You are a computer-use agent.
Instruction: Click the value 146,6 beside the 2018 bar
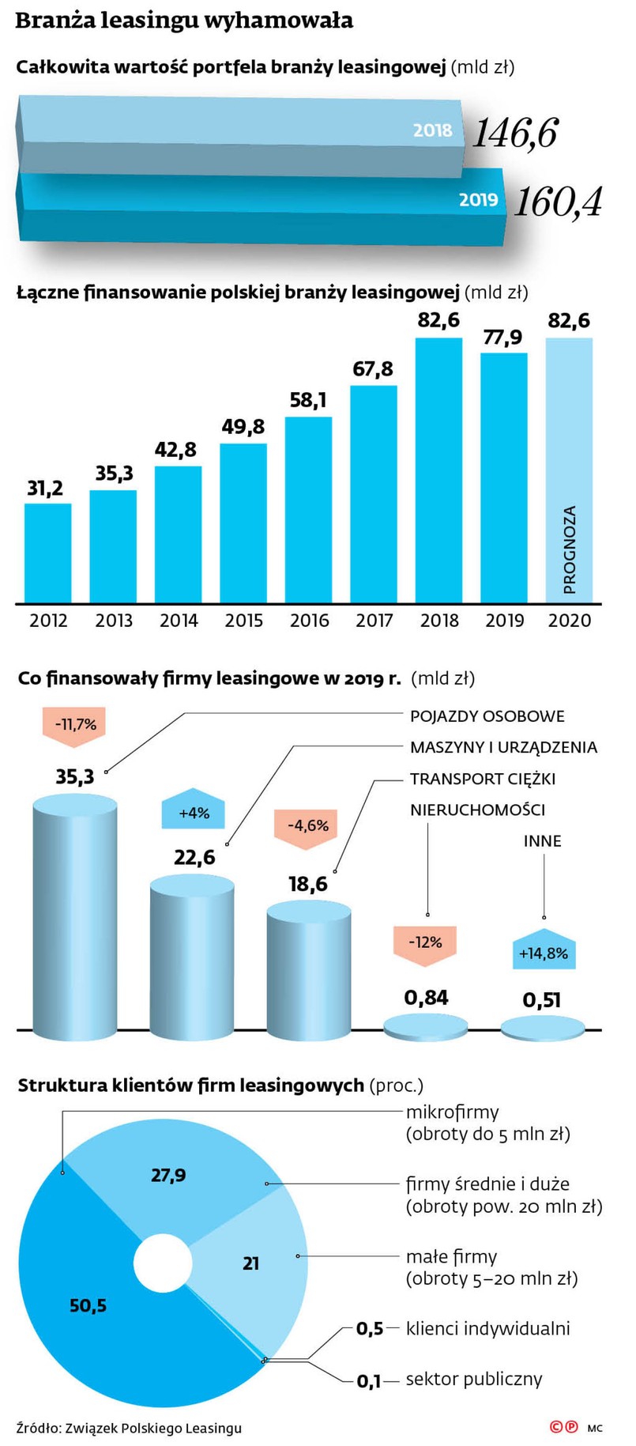[x=515, y=133]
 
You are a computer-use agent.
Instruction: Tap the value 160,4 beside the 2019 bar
[x=559, y=202]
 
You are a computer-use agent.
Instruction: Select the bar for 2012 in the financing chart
[x=47, y=553]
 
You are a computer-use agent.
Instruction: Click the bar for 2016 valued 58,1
[x=308, y=510]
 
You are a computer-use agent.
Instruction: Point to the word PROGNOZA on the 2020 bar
[x=570, y=549]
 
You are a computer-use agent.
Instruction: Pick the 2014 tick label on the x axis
[x=179, y=621]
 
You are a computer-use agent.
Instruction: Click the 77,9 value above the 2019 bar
[x=502, y=338]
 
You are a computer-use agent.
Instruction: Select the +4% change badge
[x=194, y=811]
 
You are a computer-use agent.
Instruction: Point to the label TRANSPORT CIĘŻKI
[x=482, y=779]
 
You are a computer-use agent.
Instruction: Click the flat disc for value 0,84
[x=425, y=1026]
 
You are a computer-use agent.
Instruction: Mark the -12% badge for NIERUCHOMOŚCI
[x=425, y=942]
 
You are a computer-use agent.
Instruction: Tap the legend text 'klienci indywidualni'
[x=487, y=1328]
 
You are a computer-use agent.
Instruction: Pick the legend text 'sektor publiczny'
[x=474, y=1380]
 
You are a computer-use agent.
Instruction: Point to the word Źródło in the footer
[x=39, y=1427]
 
